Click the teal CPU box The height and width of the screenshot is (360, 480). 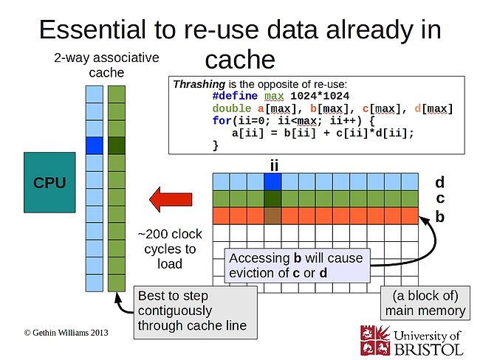[x=49, y=182]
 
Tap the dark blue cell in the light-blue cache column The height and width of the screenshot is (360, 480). [x=94, y=145]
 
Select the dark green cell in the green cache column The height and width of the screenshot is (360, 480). [x=117, y=145]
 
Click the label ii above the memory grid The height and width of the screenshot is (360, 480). [x=273, y=165]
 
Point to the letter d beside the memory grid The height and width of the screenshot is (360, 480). [x=439, y=181]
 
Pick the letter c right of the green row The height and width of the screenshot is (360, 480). [x=439, y=198]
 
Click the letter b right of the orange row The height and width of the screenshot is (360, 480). [x=439, y=216]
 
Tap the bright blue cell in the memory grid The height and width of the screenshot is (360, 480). [x=272, y=181]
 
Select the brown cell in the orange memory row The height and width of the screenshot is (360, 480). [x=272, y=215]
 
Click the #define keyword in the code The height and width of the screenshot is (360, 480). [x=234, y=97]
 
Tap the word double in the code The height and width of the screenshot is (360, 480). [x=230, y=109]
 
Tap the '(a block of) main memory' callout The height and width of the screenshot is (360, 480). [x=425, y=302]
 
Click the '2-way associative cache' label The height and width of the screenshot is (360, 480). [x=106, y=64]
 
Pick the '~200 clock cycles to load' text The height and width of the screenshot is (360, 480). [x=170, y=249]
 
